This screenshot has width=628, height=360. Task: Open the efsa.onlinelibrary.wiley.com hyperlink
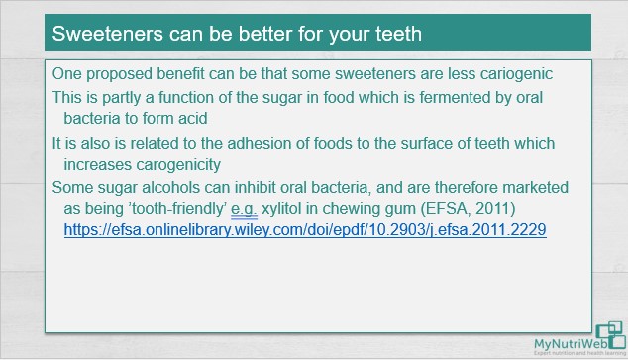tap(305, 229)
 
